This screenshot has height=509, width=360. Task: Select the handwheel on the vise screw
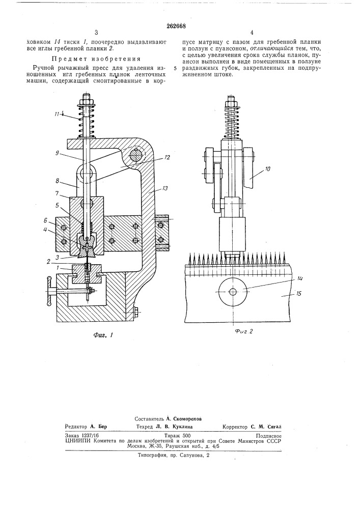tap(49, 292)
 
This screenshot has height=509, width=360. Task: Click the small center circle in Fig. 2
tap(233, 292)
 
